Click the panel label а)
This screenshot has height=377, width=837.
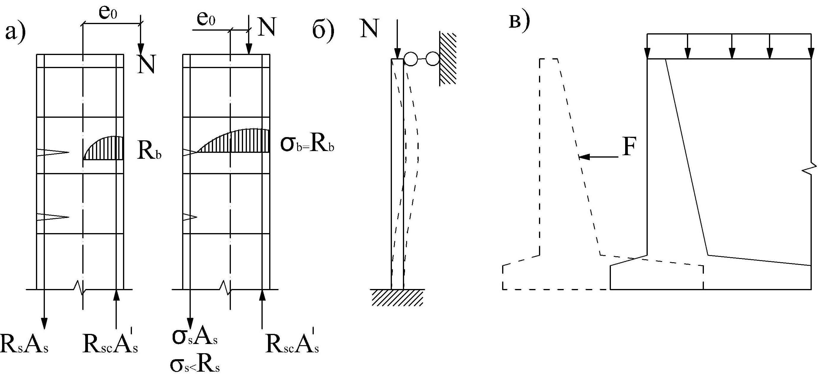(x=15, y=32)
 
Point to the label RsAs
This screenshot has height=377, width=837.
(x=24, y=343)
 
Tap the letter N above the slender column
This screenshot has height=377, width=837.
(x=369, y=28)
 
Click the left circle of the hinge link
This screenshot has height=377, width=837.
(x=411, y=59)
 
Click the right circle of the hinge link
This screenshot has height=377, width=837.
(x=433, y=59)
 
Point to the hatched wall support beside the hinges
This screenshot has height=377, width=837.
(x=448, y=59)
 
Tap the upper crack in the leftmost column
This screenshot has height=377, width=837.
(x=53, y=153)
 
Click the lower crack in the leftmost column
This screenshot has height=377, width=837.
(x=53, y=217)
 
